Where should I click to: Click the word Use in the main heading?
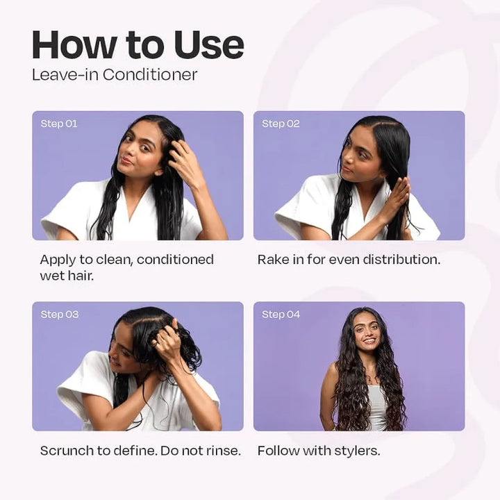coord(209,44)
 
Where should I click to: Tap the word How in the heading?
coord(74,44)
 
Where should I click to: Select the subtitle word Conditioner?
coord(150,75)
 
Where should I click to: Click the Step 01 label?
coord(59,124)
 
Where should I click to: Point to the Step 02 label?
coord(281,124)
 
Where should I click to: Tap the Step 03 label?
coord(60,315)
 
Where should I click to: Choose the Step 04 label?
coord(281,315)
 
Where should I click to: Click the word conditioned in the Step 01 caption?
coord(175,260)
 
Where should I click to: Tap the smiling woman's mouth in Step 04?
coord(369,340)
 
